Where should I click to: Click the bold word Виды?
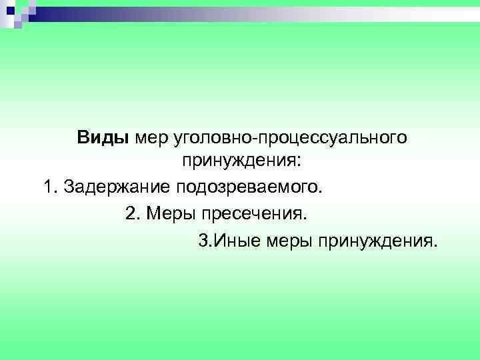pyautogui.click(x=103, y=138)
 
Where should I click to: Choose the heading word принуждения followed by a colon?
pyautogui.click(x=238, y=161)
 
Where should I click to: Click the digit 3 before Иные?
pyautogui.click(x=203, y=239)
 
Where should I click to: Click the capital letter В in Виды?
pyautogui.click(x=82, y=138)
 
